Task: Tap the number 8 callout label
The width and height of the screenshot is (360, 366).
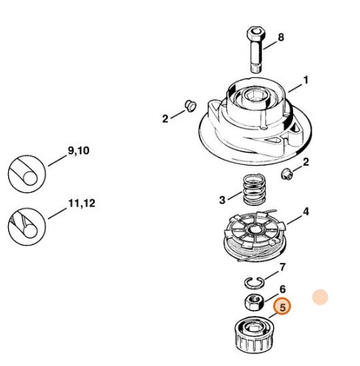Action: [280, 36]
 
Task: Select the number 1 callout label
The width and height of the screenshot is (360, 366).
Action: [306, 80]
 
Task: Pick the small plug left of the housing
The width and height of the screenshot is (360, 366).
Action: [188, 104]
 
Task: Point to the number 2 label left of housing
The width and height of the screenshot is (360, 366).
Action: [166, 118]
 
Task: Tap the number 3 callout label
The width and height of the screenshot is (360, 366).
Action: [222, 199]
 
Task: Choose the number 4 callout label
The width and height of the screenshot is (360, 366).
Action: [306, 212]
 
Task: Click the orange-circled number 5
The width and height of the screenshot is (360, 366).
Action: [281, 306]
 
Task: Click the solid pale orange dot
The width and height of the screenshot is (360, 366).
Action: [320, 298]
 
